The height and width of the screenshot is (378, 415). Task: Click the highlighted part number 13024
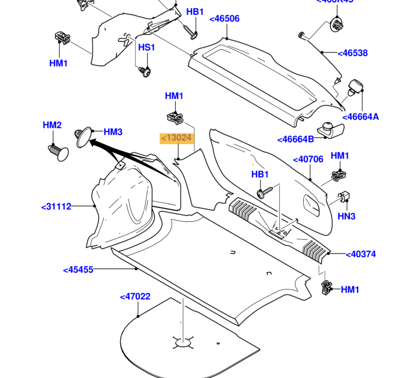point(177,138)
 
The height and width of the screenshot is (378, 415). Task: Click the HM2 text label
point(52,126)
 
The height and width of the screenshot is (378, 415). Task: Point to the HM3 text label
point(113,132)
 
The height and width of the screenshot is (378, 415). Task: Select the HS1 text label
point(147,48)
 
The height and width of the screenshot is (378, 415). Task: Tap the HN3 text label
point(347,216)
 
